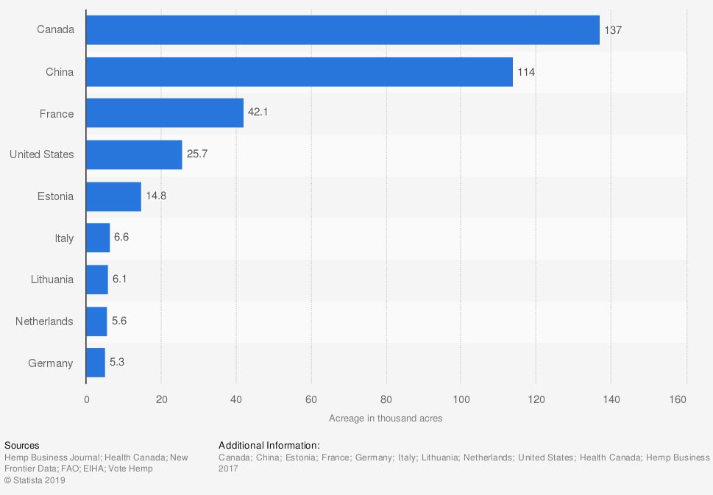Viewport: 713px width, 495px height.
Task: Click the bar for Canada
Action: [x=342, y=30]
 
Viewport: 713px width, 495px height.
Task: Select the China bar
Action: [x=299, y=72]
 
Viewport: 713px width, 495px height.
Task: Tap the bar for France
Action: [x=164, y=113]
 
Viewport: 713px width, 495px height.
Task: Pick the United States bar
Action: [x=134, y=154]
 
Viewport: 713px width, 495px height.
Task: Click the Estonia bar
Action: [x=113, y=196]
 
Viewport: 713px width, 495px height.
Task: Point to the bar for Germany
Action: [x=96, y=363]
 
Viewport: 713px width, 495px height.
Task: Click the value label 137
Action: [x=614, y=30]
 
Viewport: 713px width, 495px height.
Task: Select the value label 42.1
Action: [x=258, y=113]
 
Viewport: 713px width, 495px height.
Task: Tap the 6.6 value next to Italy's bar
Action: [x=121, y=238]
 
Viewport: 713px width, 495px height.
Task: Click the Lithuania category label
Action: [x=52, y=279]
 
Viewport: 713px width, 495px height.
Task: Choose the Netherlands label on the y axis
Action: [x=44, y=321]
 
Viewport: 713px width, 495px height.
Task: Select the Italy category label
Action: [x=64, y=238]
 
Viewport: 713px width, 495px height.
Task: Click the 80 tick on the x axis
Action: [x=386, y=399]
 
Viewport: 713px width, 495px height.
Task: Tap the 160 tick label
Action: [x=678, y=399]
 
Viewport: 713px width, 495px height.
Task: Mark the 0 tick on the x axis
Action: [x=86, y=399]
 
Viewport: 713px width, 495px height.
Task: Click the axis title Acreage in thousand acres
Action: [x=386, y=418]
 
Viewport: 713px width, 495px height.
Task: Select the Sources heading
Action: [x=22, y=445]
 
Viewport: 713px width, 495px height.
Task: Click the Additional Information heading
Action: [x=269, y=445]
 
